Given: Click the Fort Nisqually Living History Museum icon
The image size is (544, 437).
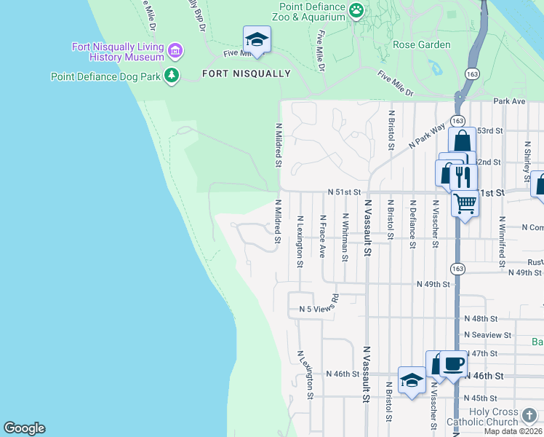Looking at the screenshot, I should coord(175,52).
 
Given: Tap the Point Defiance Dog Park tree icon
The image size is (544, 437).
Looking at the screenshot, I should coord(172,75).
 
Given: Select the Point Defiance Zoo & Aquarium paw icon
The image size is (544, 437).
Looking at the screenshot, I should coord(356,9).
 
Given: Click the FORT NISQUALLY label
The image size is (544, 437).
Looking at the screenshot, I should coord(246,74).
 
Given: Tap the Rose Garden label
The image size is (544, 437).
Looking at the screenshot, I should coord(421,44).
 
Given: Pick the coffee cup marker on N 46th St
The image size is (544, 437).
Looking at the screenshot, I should coord(453,362).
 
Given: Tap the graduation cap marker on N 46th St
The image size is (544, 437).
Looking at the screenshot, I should coord(412,379).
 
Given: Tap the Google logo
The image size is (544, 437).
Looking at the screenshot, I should coord(24,428).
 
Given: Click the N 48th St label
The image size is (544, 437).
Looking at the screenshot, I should coord(481,319).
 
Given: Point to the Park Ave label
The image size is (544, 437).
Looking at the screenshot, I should coord(508,101).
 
